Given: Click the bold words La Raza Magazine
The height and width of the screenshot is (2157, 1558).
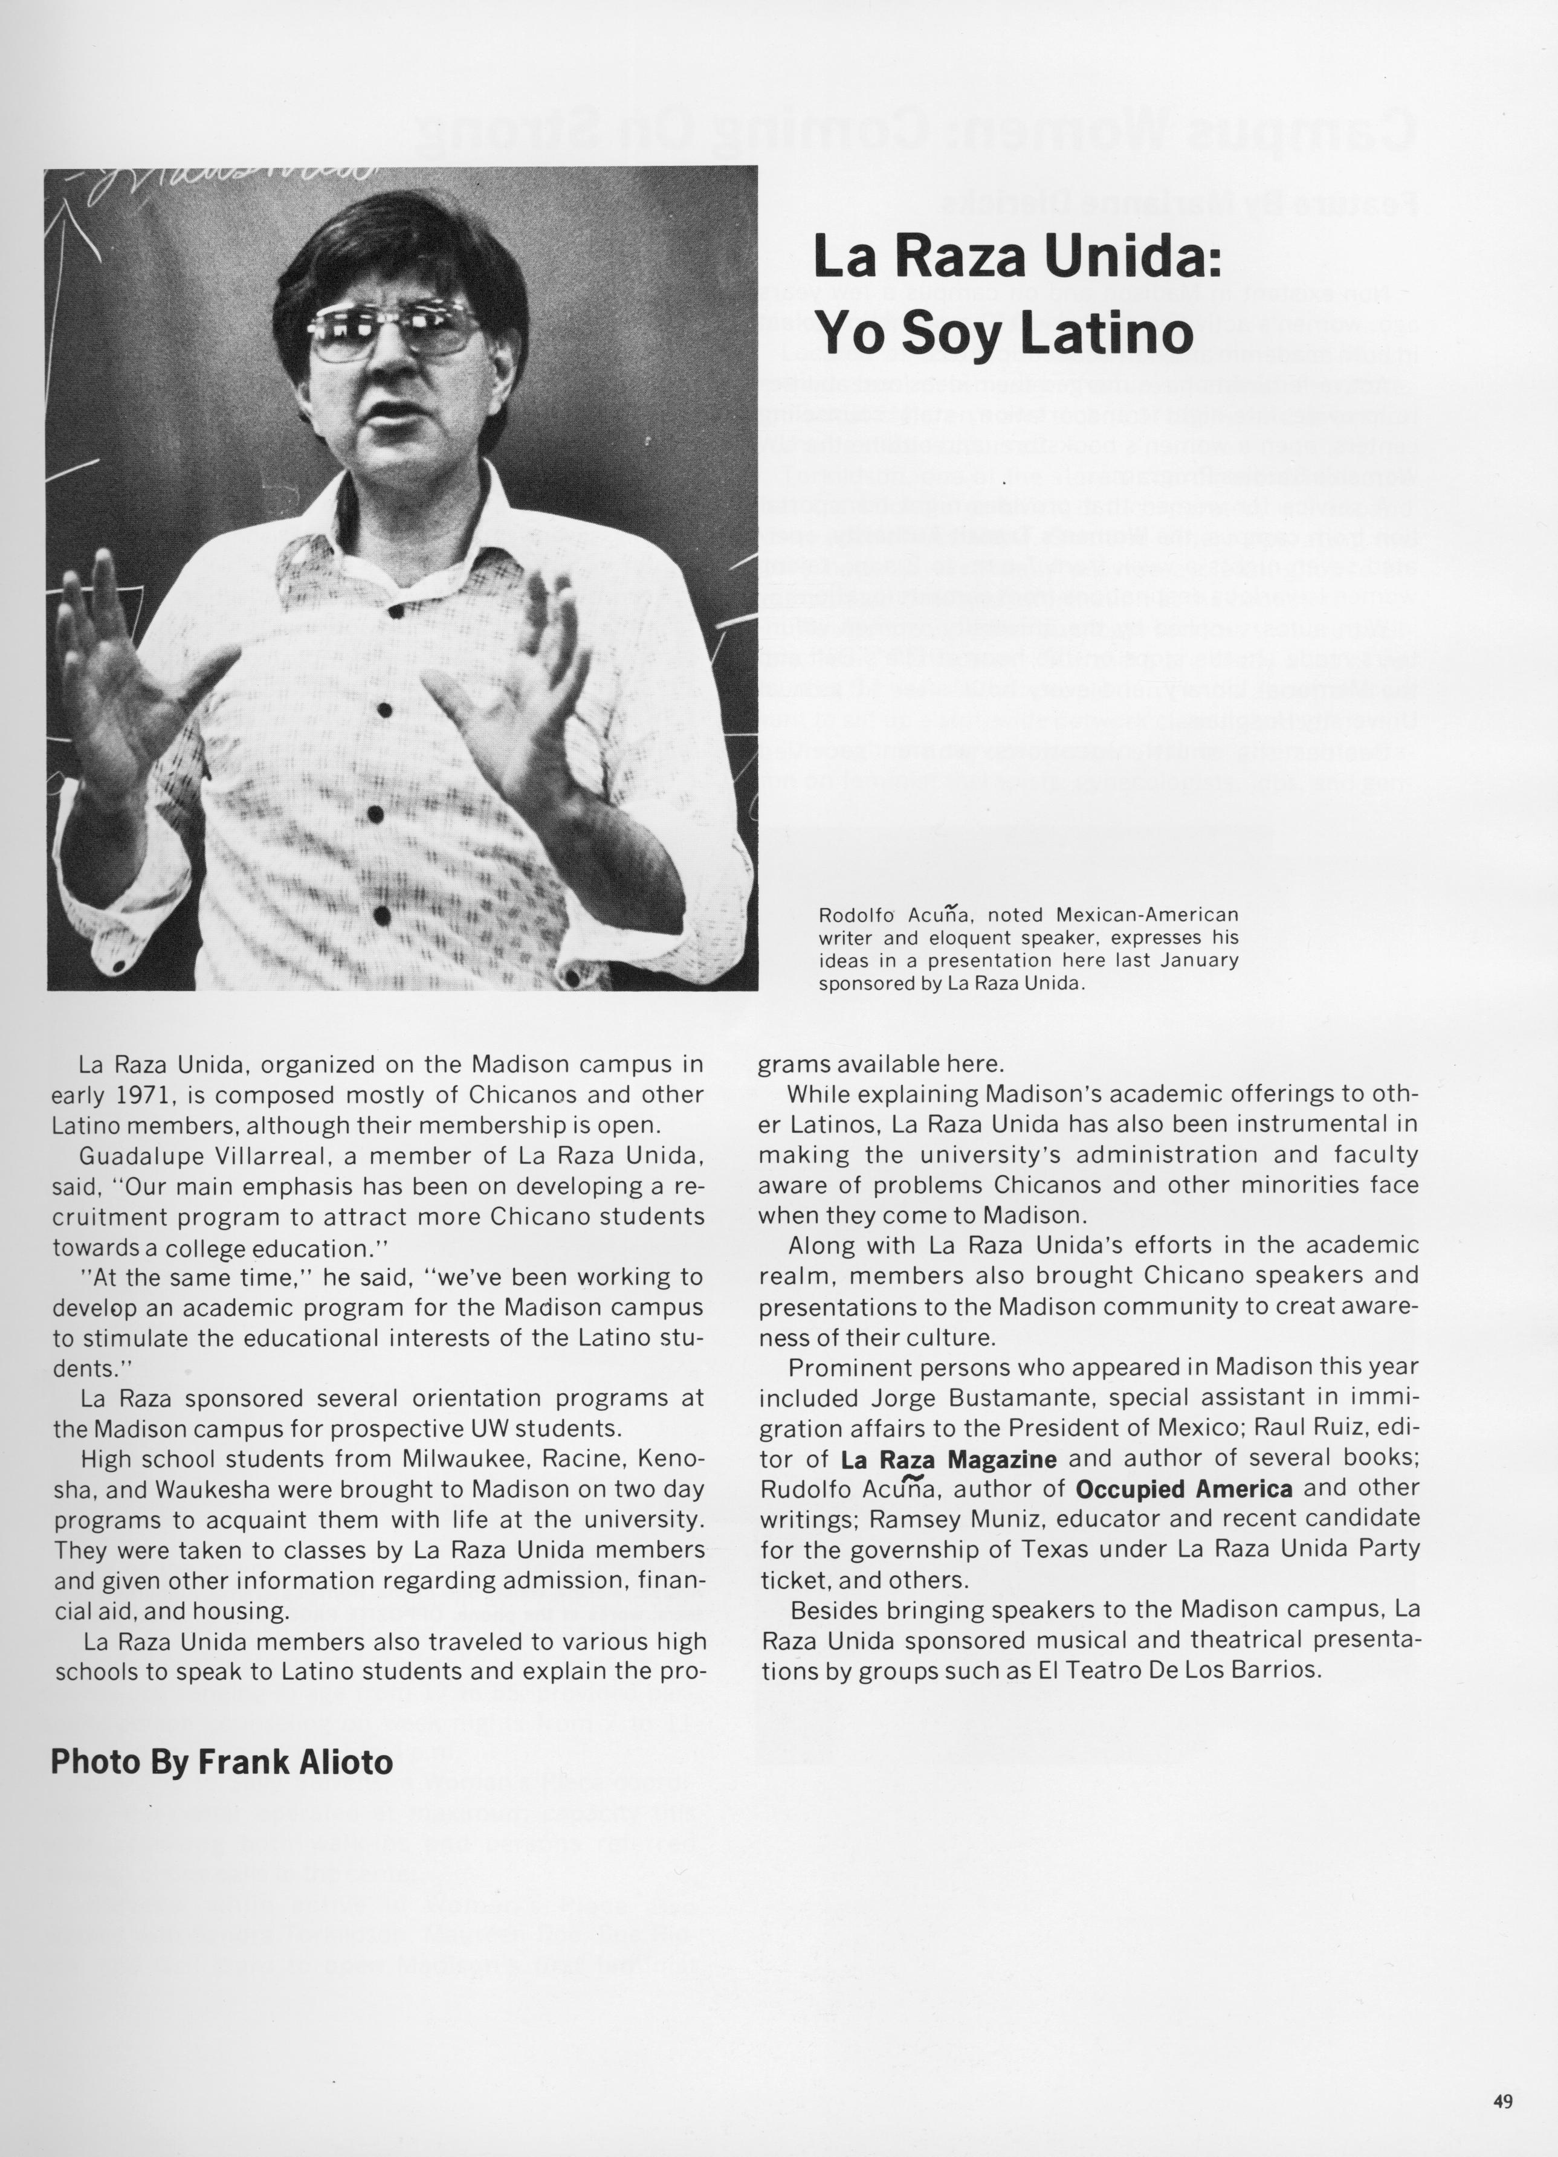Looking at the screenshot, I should pyautogui.click(x=948, y=1459).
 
